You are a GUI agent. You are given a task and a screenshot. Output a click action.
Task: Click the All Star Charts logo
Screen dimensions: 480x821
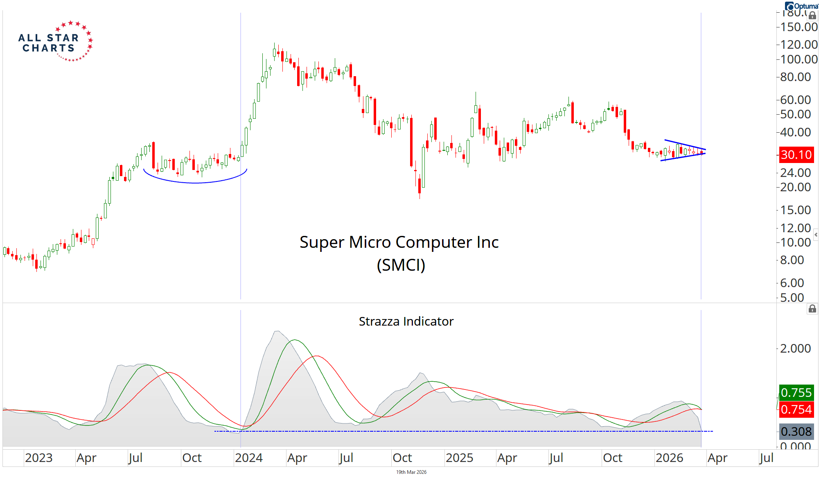tap(55, 42)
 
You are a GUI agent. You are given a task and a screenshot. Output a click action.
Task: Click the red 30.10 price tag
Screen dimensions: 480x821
tap(796, 155)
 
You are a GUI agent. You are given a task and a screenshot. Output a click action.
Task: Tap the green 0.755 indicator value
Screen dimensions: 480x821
tap(796, 392)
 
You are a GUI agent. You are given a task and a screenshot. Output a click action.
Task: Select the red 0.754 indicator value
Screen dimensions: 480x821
tap(796, 409)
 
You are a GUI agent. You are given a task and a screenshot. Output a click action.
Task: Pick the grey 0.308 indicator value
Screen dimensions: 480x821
tap(796, 431)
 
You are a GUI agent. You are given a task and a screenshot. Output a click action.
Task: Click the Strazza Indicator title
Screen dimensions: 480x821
tap(406, 322)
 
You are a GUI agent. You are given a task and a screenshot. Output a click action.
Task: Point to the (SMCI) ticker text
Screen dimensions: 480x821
tap(401, 265)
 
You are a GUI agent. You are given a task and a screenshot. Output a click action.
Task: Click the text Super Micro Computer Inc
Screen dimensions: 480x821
tap(399, 242)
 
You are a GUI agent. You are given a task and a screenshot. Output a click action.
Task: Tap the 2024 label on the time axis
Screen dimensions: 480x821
tap(249, 458)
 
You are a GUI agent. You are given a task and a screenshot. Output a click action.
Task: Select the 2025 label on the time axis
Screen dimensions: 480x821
tap(459, 458)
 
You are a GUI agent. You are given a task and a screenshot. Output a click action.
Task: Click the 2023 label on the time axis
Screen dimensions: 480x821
tap(39, 458)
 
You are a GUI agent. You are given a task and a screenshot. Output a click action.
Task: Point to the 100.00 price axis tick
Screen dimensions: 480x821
tap(798, 59)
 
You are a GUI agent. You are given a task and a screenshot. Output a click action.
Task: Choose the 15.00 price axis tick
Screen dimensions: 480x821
tap(795, 210)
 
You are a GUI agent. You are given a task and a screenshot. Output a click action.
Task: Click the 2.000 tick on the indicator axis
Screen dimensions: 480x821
tap(795, 349)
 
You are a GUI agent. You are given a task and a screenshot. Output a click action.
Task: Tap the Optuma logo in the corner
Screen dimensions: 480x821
tap(801, 6)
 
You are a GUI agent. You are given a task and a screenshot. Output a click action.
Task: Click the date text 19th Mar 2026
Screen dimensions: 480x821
tap(411, 472)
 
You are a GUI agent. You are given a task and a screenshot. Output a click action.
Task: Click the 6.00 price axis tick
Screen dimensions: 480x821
tap(792, 283)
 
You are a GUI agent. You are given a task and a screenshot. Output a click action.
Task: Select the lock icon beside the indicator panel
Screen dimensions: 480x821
tap(812, 309)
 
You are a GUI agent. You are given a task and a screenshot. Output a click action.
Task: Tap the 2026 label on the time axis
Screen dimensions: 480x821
tap(669, 458)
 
